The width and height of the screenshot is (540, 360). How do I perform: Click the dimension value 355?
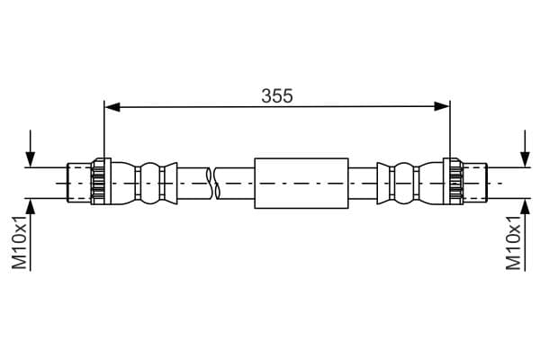(x=277, y=95)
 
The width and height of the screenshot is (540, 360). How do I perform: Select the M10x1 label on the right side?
(x=514, y=241)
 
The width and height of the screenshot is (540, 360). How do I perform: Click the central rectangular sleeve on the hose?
(x=301, y=183)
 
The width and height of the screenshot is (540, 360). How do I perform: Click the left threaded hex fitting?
(x=98, y=183)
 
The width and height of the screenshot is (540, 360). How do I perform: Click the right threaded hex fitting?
(x=454, y=183)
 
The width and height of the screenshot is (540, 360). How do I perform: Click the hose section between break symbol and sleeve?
(x=237, y=183)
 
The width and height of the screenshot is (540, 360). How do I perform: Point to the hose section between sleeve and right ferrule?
(x=362, y=183)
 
